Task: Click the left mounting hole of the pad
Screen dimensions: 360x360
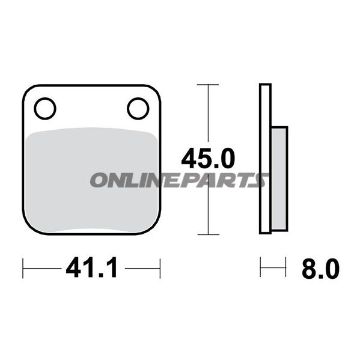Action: point(44,109)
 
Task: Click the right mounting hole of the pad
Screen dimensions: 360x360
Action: point(138,109)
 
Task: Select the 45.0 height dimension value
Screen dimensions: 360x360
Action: point(208,159)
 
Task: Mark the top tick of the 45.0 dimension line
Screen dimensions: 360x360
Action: point(208,85)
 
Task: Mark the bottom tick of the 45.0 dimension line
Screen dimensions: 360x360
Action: point(208,234)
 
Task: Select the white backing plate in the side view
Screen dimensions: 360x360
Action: point(265,120)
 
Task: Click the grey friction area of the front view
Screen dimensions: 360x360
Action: point(90,198)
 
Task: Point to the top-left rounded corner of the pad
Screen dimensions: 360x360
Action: point(28,91)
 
